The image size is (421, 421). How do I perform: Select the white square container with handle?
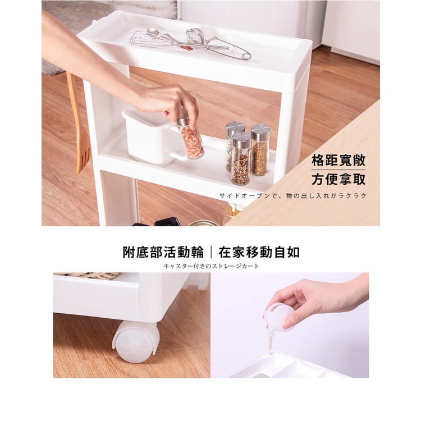click(152, 137)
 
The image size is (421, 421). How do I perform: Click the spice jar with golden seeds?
click(260, 150)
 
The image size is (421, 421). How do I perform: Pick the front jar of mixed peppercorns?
click(241, 159)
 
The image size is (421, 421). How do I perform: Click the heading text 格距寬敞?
click(338, 161)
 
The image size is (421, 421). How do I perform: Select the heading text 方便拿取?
click(338, 179)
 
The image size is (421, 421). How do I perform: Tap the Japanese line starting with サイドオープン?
click(292, 196)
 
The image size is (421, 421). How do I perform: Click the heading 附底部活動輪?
click(163, 252)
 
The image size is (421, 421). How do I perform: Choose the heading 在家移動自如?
click(259, 252)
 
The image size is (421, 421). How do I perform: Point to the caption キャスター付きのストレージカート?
click(211, 266)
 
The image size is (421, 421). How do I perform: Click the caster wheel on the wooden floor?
click(136, 341)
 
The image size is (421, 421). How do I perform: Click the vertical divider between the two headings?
click(211, 253)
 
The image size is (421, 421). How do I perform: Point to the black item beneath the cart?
click(167, 222)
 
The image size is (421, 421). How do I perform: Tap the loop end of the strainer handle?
click(246, 56)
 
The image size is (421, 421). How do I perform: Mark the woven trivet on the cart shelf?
click(89, 276)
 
